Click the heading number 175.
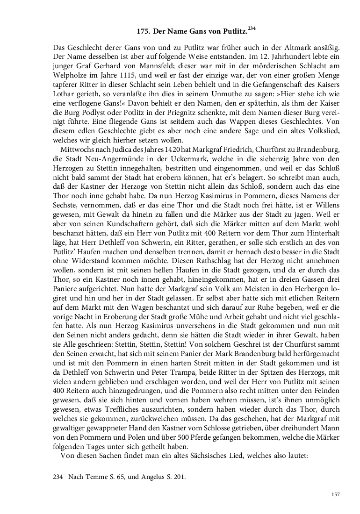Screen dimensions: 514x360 [143, 32]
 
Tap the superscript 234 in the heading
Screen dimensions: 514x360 [252, 29]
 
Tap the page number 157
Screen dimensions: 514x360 [334, 495]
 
